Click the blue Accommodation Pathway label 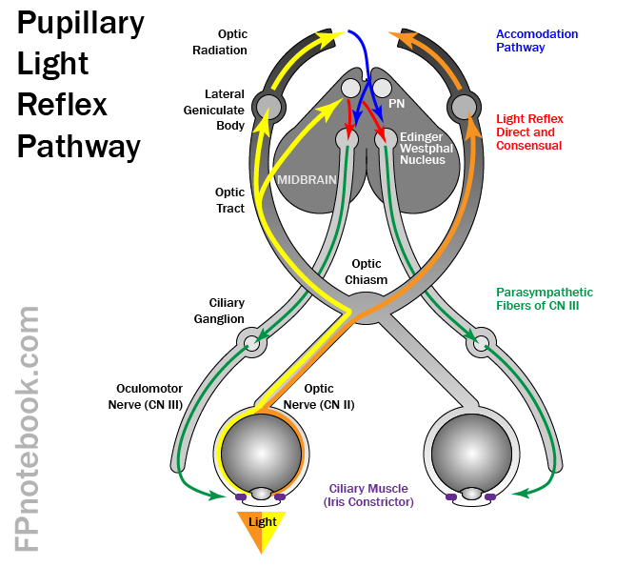[536, 40]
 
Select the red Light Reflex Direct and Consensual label [529, 132]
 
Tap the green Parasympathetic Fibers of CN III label [545, 299]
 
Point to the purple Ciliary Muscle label [370, 495]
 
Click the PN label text [397, 102]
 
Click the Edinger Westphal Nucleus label [422, 149]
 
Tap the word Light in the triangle [262, 522]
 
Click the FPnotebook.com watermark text [28, 429]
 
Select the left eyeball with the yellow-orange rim [261, 455]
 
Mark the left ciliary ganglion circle [251, 342]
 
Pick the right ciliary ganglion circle [482, 342]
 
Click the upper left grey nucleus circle [268, 106]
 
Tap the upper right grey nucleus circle [464, 106]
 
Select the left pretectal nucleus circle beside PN [351, 89]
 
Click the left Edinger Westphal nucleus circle [347, 139]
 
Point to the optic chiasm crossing [367, 307]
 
